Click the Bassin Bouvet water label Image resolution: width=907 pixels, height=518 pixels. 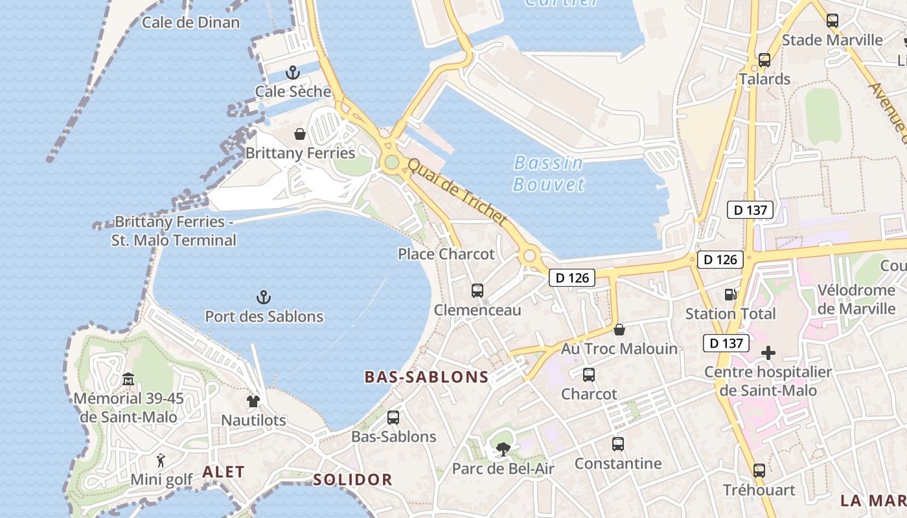click(x=548, y=174)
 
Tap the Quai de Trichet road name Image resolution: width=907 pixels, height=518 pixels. click(x=457, y=193)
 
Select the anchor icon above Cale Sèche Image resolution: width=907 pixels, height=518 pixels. click(x=293, y=72)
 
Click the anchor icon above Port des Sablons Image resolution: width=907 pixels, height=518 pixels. click(x=263, y=297)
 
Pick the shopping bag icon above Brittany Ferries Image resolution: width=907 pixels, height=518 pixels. click(x=300, y=134)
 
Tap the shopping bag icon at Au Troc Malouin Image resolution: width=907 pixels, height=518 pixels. click(x=619, y=330)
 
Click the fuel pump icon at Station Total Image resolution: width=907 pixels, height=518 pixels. click(x=731, y=295)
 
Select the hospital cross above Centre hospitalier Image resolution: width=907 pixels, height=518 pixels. click(x=768, y=353)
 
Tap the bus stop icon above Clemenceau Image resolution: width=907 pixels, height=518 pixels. click(x=477, y=291)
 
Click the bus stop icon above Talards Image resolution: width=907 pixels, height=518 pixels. click(x=764, y=60)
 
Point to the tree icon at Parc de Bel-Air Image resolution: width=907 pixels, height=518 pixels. click(x=503, y=449)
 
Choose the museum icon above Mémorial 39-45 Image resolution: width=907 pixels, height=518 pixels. click(x=128, y=379)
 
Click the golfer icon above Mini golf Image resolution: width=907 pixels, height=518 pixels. click(x=161, y=460)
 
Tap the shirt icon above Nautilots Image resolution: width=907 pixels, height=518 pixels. click(x=253, y=401)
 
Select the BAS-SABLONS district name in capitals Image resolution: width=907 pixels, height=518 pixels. click(x=426, y=377)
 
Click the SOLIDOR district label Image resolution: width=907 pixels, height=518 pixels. click(x=353, y=480)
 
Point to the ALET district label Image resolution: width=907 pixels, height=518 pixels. click(x=224, y=472)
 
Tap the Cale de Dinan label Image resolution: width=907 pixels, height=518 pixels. click(x=190, y=23)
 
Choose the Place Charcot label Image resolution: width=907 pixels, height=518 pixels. click(x=446, y=254)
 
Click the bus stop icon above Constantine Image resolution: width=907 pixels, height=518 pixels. click(x=618, y=444)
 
